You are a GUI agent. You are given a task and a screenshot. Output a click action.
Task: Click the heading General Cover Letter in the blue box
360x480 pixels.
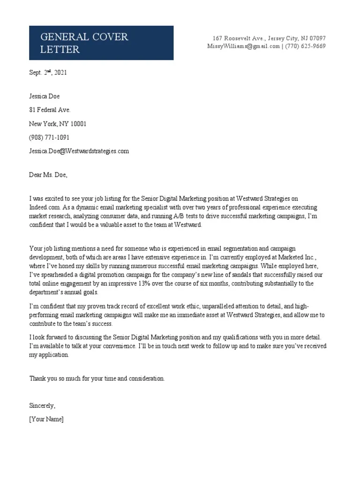pos(84,43)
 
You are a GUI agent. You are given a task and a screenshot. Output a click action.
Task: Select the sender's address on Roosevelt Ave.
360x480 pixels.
pos(269,38)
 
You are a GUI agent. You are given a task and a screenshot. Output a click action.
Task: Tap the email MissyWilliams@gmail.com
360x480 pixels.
pos(243,46)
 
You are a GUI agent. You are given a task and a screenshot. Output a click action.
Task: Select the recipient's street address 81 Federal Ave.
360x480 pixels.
pos(50,110)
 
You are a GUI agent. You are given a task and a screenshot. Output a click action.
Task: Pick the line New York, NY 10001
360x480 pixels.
pos(58,124)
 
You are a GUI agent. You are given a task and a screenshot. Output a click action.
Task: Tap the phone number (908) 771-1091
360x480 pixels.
pos(49,137)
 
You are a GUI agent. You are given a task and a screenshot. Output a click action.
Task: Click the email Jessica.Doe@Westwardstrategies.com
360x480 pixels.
pos(79,151)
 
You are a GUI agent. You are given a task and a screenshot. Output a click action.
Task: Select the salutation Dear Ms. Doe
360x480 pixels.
pos(48,175)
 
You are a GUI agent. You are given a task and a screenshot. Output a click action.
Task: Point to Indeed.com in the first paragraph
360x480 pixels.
pos(44,207)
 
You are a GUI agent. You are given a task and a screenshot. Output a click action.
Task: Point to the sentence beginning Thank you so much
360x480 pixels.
pos(97,378)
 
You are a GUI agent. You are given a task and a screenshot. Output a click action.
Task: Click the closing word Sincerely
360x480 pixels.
pos(42,405)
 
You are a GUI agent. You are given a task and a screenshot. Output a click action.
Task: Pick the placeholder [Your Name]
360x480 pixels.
pos(46,419)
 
